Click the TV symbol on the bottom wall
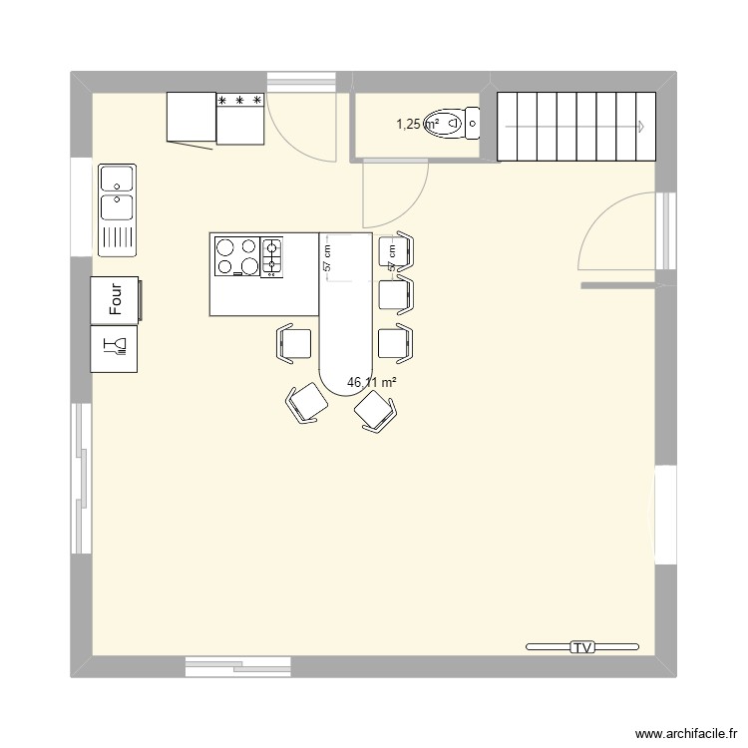coord(581,647)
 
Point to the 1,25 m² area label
coord(418,125)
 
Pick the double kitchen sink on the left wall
coord(118,207)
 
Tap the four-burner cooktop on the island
coord(236,255)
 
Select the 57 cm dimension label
coord(327,258)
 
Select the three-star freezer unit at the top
coord(240,119)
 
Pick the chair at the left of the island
coord(295,343)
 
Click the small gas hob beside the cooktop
coord(271,255)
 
